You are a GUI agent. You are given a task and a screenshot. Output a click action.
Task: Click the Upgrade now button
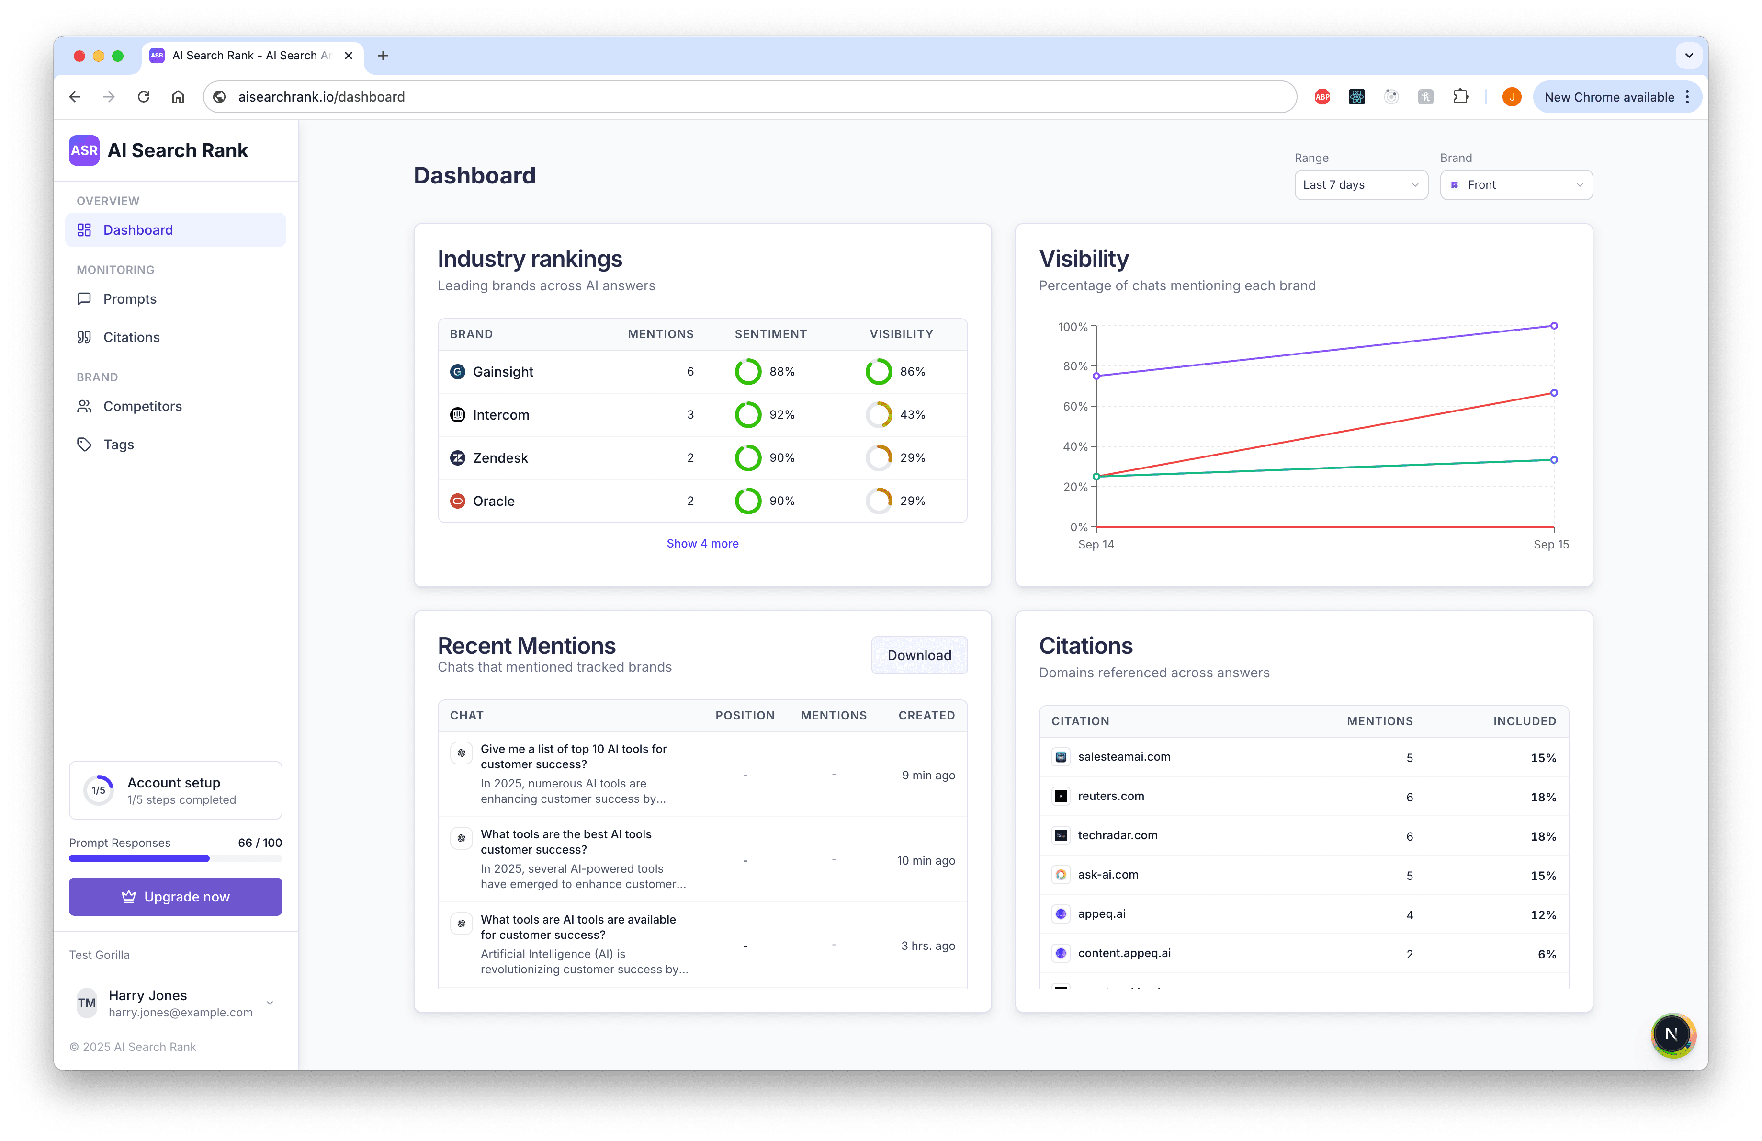point(175,897)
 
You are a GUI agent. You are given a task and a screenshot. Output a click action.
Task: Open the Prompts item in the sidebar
point(130,299)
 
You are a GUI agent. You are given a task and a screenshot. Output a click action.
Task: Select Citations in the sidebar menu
point(131,338)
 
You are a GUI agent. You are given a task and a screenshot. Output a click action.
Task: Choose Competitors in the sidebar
point(142,407)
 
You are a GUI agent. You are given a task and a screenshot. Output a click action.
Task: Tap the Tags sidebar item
point(118,445)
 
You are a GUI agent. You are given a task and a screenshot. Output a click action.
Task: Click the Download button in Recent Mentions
point(919,655)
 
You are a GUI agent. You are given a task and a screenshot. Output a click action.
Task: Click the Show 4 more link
point(702,544)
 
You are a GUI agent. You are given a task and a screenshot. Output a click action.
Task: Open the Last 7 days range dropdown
point(1360,185)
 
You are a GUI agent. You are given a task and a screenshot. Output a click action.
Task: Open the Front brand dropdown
point(1515,185)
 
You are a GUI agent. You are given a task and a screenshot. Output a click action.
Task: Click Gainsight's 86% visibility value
point(912,372)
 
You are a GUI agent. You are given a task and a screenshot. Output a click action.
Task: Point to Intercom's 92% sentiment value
point(782,415)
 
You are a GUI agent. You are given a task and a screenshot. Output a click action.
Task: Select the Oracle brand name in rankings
point(493,501)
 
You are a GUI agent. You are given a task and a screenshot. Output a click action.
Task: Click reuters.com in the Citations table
point(1110,796)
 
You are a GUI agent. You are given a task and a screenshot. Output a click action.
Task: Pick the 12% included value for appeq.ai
point(1543,915)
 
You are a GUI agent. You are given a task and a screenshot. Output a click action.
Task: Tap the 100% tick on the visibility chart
point(1073,327)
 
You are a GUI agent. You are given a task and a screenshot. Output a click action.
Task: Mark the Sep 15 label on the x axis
point(1550,544)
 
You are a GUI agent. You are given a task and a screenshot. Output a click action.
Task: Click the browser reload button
point(144,97)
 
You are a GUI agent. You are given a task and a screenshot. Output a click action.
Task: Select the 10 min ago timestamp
point(926,860)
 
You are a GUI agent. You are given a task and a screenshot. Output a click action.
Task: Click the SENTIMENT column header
point(770,334)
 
